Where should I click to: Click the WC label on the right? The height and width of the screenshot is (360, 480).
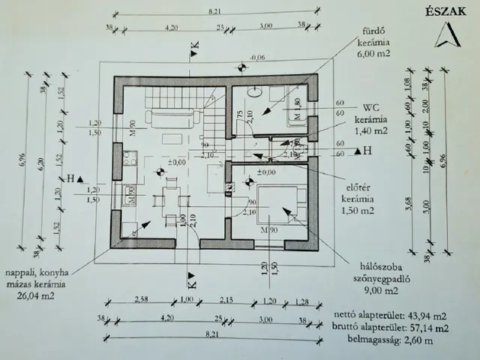(370, 106)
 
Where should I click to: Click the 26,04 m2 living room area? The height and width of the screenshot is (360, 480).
(36, 295)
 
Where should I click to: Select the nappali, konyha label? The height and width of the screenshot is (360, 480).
(36, 274)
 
